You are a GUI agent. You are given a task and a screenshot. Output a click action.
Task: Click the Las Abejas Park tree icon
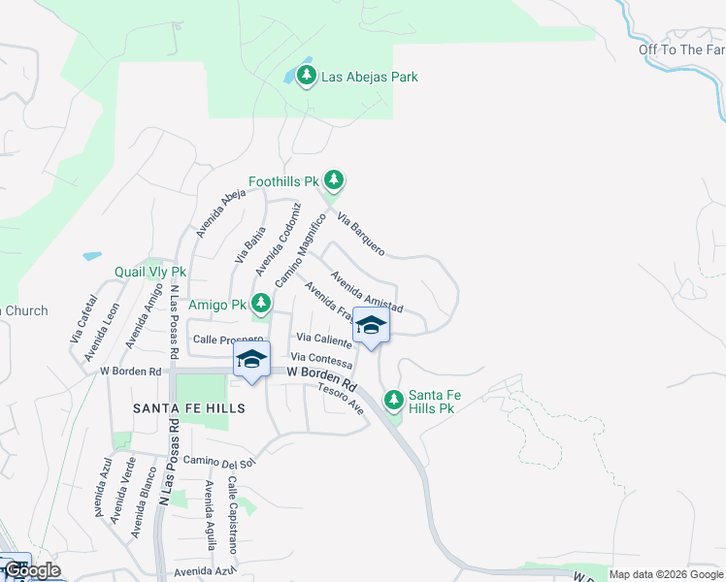tap(307, 76)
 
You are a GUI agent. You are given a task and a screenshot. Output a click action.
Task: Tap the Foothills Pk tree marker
tap(334, 179)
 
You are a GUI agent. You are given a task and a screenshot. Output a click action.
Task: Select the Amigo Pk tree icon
tap(260, 303)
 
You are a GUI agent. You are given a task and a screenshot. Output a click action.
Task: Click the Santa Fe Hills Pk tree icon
tap(393, 399)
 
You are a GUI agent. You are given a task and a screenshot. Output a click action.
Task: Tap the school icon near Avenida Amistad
tap(371, 325)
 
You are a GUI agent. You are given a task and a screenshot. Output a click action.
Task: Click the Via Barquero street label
tap(360, 234)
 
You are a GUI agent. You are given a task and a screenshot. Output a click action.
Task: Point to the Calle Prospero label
tap(228, 339)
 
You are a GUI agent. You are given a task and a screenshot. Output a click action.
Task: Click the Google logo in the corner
tap(32, 570)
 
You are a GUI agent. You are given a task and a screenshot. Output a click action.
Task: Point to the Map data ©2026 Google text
tap(667, 574)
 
